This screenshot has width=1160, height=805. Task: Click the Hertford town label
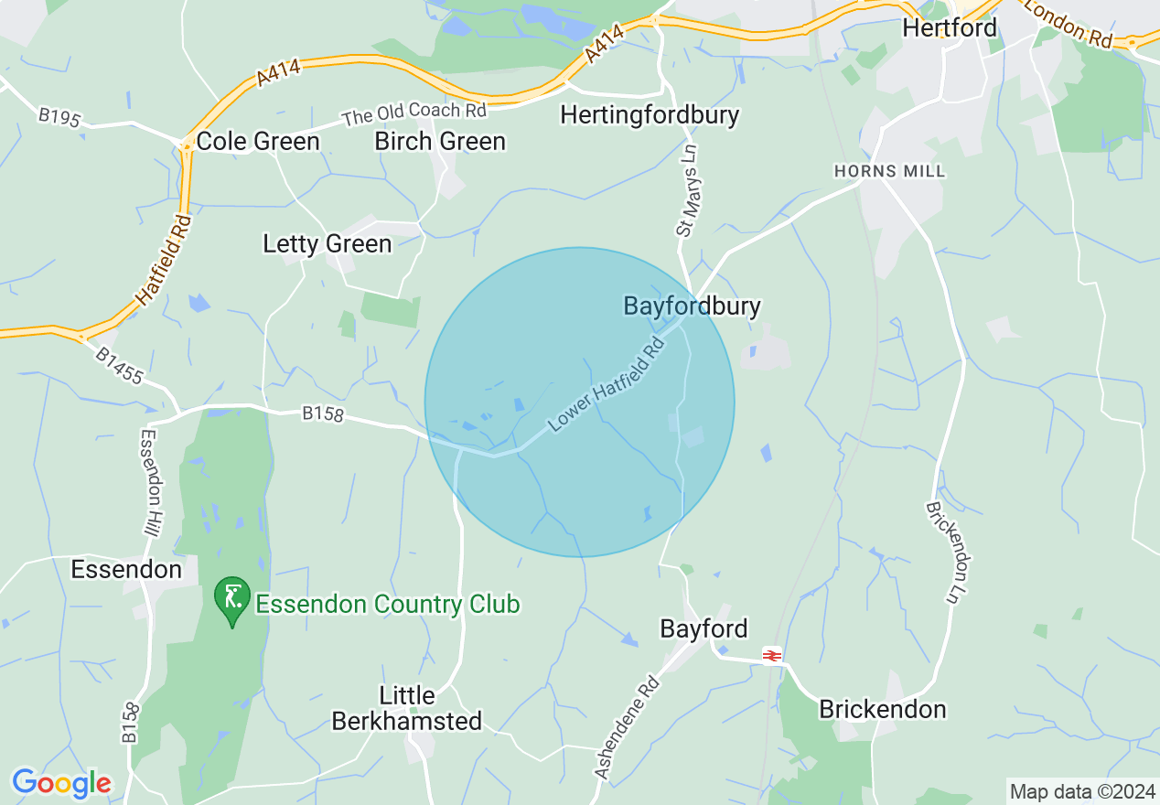950,27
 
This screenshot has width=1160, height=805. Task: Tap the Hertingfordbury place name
650,115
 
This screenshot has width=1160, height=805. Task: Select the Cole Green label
258,142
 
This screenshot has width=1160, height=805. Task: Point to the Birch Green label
440,141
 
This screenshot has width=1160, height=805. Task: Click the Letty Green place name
327,244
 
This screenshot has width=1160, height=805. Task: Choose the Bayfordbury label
692,306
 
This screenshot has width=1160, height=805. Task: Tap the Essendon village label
126,570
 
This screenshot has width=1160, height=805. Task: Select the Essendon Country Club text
387,604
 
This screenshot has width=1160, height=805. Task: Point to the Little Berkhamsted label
406,708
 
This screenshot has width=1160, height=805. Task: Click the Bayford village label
704,628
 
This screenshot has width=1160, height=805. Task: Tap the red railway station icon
770,655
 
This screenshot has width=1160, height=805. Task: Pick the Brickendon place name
882,709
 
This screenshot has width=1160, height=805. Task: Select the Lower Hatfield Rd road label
606,384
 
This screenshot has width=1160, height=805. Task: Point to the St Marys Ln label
687,193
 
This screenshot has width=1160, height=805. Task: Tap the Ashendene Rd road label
627,728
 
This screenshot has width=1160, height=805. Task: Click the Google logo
61,783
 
